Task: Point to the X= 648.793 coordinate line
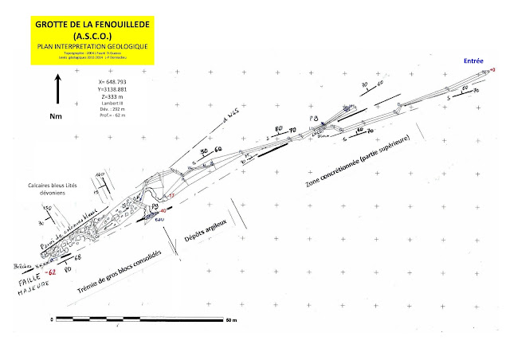click(114, 81)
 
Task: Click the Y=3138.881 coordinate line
click(116, 88)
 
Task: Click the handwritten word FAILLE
click(26, 282)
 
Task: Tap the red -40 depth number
click(163, 210)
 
